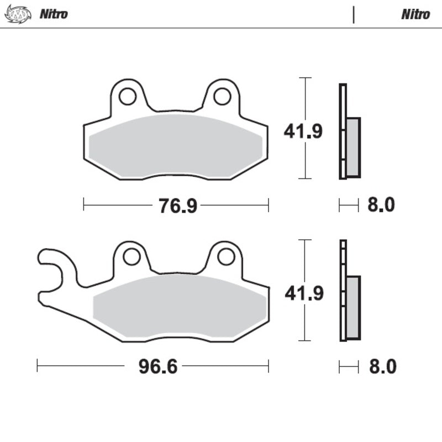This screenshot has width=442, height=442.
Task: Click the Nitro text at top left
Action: click(x=54, y=14)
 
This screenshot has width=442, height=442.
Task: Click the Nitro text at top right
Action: click(x=415, y=14)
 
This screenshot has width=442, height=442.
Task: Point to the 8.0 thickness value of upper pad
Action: click(x=381, y=206)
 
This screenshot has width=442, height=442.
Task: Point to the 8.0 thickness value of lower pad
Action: click(x=381, y=367)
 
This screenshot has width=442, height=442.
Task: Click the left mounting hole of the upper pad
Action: click(x=128, y=96)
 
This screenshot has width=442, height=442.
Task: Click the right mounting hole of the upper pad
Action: click(x=222, y=96)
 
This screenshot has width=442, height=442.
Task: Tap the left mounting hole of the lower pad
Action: click(x=131, y=256)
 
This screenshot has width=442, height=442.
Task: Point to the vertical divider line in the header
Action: click(x=354, y=14)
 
